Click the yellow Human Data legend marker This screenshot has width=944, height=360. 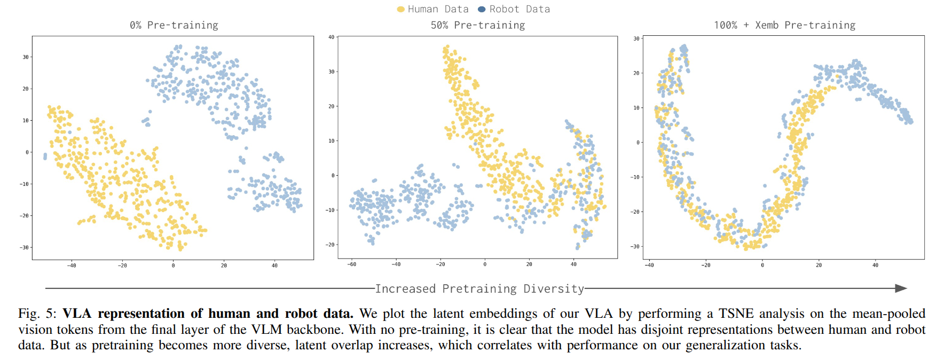click(x=401, y=9)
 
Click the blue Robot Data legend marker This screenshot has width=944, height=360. click(x=482, y=9)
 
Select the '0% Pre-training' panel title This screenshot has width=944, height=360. click(x=174, y=25)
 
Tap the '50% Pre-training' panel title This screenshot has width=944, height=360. click(x=478, y=25)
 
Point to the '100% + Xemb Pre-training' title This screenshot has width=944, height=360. click(x=784, y=25)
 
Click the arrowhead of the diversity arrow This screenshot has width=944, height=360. click(x=901, y=288)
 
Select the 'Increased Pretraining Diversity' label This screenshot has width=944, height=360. click(x=479, y=289)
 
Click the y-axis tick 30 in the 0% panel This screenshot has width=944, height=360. click(x=26, y=57)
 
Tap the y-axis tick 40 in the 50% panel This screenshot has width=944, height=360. click(x=331, y=37)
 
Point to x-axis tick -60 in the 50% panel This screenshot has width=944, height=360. click(x=351, y=264)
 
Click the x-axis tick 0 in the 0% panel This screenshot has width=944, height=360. click(x=173, y=265)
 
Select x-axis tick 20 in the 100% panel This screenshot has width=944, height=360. click(x=819, y=265)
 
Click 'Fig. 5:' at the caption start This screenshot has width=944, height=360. click(x=37, y=314)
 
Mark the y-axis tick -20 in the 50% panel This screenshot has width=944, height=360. click(x=331, y=245)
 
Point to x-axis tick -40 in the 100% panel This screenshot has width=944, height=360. click(x=649, y=265)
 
